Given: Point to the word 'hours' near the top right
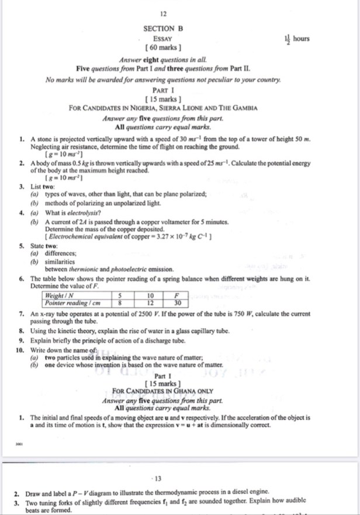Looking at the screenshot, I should pos(302,39).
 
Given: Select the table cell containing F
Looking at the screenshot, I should pos(178,296).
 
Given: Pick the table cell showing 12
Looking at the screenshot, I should pos(150,303).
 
